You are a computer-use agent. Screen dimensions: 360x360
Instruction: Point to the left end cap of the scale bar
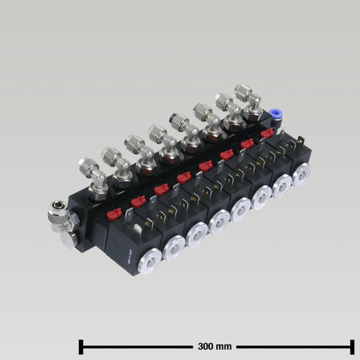pos(81,345)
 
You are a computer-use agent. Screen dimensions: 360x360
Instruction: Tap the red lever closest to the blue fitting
pos(267,134)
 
